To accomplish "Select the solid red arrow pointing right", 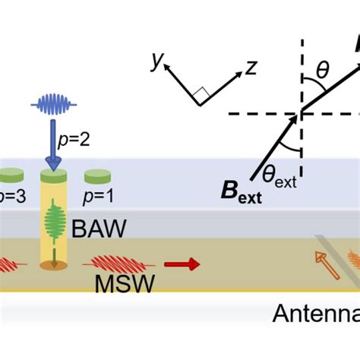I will (184, 264).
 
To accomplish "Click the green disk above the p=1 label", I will (96, 177).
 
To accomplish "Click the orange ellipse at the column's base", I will (54, 265).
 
